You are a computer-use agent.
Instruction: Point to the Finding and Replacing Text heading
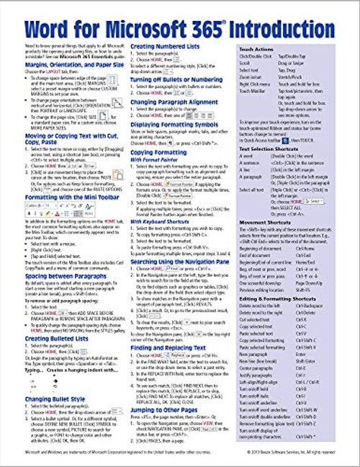(x=180, y=348)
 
